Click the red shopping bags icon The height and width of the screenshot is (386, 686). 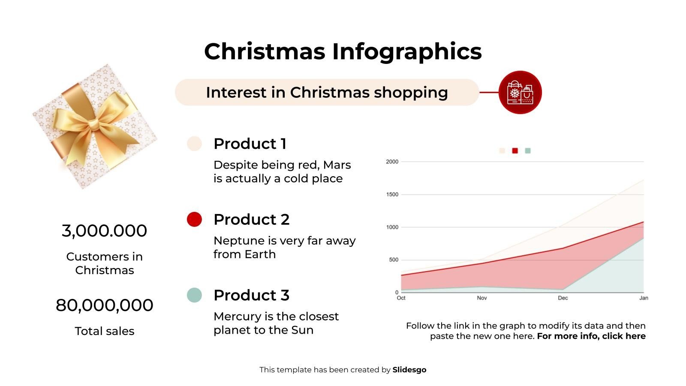pyautogui.click(x=520, y=92)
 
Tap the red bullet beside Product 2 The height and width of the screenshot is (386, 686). pyautogui.click(x=194, y=219)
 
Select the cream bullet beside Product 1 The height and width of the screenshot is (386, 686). pyautogui.click(x=194, y=144)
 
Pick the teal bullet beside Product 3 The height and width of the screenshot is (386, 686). pyautogui.click(x=194, y=295)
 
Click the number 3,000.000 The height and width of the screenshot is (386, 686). pyautogui.click(x=104, y=231)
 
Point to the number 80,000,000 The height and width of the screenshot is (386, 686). pyautogui.click(x=104, y=305)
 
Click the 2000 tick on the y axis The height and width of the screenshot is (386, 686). pyautogui.click(x=392, y=162)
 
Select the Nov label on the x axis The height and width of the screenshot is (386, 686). pyautogui.click(x=482, y=298)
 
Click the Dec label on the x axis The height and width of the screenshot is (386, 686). pyautogui.click(x=563, y=298)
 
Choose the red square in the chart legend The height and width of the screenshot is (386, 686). pyautogui.click(x=515, y=151)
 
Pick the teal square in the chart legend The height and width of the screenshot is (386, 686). pyautogui.click(x=528, y=151)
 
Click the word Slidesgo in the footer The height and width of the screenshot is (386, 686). pyautogui.click(x=409, y=370)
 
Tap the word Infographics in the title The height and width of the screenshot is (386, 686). pyautogui.click(x=407, y=51)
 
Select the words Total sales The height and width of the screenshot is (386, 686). pyautogui.click(x=104, y=331)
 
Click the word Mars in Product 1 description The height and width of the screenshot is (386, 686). pyautogui.click(x=337, y=165)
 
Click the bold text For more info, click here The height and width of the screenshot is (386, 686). pyautogui.click(x=591, y=336)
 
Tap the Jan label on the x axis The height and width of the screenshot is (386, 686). pyautogui.click(x=644, y=298)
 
